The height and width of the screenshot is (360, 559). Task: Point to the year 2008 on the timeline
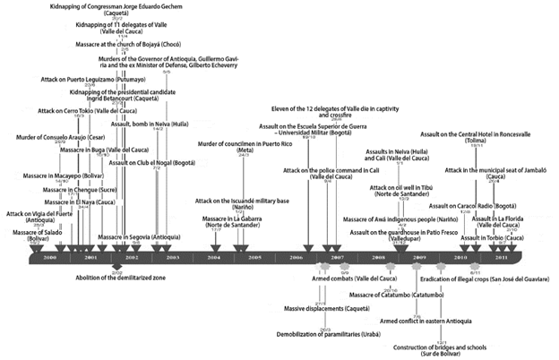(x=378, y=257)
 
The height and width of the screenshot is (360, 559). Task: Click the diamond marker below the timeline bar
(x=116, y=267)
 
